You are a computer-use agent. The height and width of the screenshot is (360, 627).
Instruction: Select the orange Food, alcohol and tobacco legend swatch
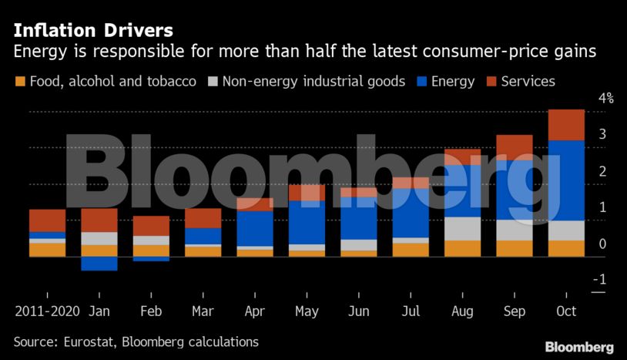pyautogui.click(x=20, y=82)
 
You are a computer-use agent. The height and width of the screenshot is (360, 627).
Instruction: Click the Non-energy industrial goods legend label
pyautogui.click(x=313, y=82)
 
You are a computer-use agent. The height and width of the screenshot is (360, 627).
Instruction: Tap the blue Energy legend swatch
pyautogui.click(x=421, y=82)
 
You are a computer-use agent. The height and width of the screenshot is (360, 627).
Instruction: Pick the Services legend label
pyautogui.click(x=528, y=82)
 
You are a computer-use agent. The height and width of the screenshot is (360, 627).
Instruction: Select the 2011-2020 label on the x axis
pyautogui.click(x=47, y=311)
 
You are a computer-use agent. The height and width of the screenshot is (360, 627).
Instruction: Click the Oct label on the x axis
pyautogui.click(x=566, y=311)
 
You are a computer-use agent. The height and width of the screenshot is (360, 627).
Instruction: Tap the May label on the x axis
pyautogui.click(x=307, y=311)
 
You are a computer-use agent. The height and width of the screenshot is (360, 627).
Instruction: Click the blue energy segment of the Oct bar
pyautogui.click(x=566, y=180)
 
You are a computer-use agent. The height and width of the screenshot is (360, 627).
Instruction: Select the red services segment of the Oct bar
pyautogui.click(x=566, y=125)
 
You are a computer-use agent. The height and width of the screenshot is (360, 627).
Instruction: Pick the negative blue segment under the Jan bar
pyautogui.click(x=99, y=264)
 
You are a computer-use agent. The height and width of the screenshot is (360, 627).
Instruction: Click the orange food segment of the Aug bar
pyautogui.click(x=462, y=248)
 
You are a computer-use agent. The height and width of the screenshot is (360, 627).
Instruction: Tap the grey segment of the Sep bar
pyautogui.click(x=514, y=230)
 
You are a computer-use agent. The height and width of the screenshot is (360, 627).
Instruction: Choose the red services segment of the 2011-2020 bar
pyautogui.click(x=47, y=220)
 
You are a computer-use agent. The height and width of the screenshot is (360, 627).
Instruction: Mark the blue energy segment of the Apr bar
pyautogui.click(x=254, y=228)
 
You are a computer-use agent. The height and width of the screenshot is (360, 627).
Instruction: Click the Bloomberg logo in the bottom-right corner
pyautogui.click(x=579, y=347)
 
